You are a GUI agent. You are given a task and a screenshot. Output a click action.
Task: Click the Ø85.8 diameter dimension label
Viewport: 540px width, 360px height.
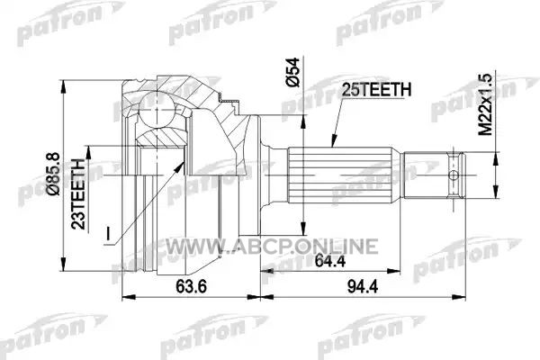point(55,175)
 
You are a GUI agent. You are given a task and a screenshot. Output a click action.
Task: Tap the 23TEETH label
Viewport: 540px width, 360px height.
point(78,194)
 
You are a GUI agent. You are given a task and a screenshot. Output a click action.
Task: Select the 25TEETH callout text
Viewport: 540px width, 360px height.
point(376,90)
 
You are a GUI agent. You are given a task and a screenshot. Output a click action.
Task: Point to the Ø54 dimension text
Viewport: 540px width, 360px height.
point(293,72)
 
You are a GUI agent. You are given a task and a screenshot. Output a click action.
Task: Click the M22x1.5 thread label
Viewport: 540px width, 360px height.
point(486,104)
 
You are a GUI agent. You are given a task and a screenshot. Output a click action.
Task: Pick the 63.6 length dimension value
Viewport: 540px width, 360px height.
point(192,286)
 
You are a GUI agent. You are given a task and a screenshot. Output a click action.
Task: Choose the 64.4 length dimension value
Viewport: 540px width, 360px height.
point(330,261)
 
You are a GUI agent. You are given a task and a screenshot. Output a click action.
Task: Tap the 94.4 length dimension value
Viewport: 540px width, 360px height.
point(363,286)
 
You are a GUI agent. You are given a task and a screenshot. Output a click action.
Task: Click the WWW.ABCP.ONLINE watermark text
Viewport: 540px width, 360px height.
point(272,247)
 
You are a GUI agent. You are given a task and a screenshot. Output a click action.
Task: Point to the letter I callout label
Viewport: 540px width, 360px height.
point(108,233)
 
